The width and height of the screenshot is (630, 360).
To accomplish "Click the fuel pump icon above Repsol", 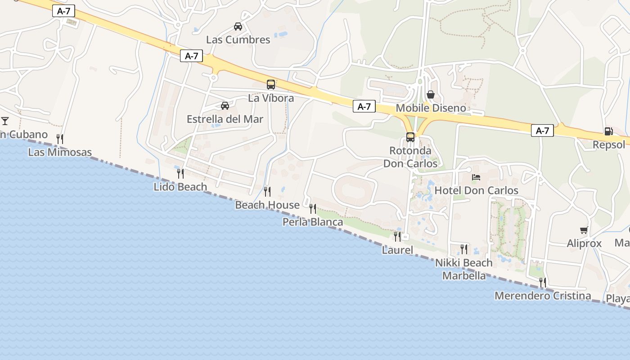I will (x=608, y=131).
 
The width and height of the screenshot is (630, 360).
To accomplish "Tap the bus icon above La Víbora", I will (x=270, y=84).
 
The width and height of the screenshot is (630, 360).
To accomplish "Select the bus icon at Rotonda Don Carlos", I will (x=410, y=137).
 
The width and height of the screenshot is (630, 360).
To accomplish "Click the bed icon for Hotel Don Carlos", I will (x=476, y=177).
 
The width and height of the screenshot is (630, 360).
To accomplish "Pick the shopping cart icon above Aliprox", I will (x=584, y=230).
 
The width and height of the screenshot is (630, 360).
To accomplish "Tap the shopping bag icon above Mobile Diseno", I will (x=431, y=94).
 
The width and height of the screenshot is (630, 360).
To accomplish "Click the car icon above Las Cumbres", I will (x=238, y=27).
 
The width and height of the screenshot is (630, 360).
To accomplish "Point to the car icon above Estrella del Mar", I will (x=225, y=106).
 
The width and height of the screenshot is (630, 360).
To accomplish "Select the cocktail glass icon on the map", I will (x=5, y=121).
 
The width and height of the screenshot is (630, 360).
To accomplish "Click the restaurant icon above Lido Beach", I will (x=180, y=173).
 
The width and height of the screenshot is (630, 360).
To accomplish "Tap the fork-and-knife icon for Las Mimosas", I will (x=59, y=139).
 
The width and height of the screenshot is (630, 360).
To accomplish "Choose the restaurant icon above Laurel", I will (x=397, y=236).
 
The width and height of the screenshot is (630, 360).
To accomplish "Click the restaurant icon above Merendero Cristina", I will (x=542, y=282).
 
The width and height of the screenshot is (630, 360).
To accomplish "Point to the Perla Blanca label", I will (x=312, y=222).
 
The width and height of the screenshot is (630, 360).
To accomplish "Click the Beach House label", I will (x=267, y=205).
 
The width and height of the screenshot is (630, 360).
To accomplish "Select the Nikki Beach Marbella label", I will (x=464, y=269).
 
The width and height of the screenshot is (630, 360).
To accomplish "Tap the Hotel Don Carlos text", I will (x=476, y=191).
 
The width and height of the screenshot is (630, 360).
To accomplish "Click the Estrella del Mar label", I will (x=225, y=119).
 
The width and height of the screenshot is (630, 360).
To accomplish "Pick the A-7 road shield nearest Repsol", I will (x=542, y=130).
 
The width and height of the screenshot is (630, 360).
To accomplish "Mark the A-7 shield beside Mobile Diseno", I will (x=364, y=106).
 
